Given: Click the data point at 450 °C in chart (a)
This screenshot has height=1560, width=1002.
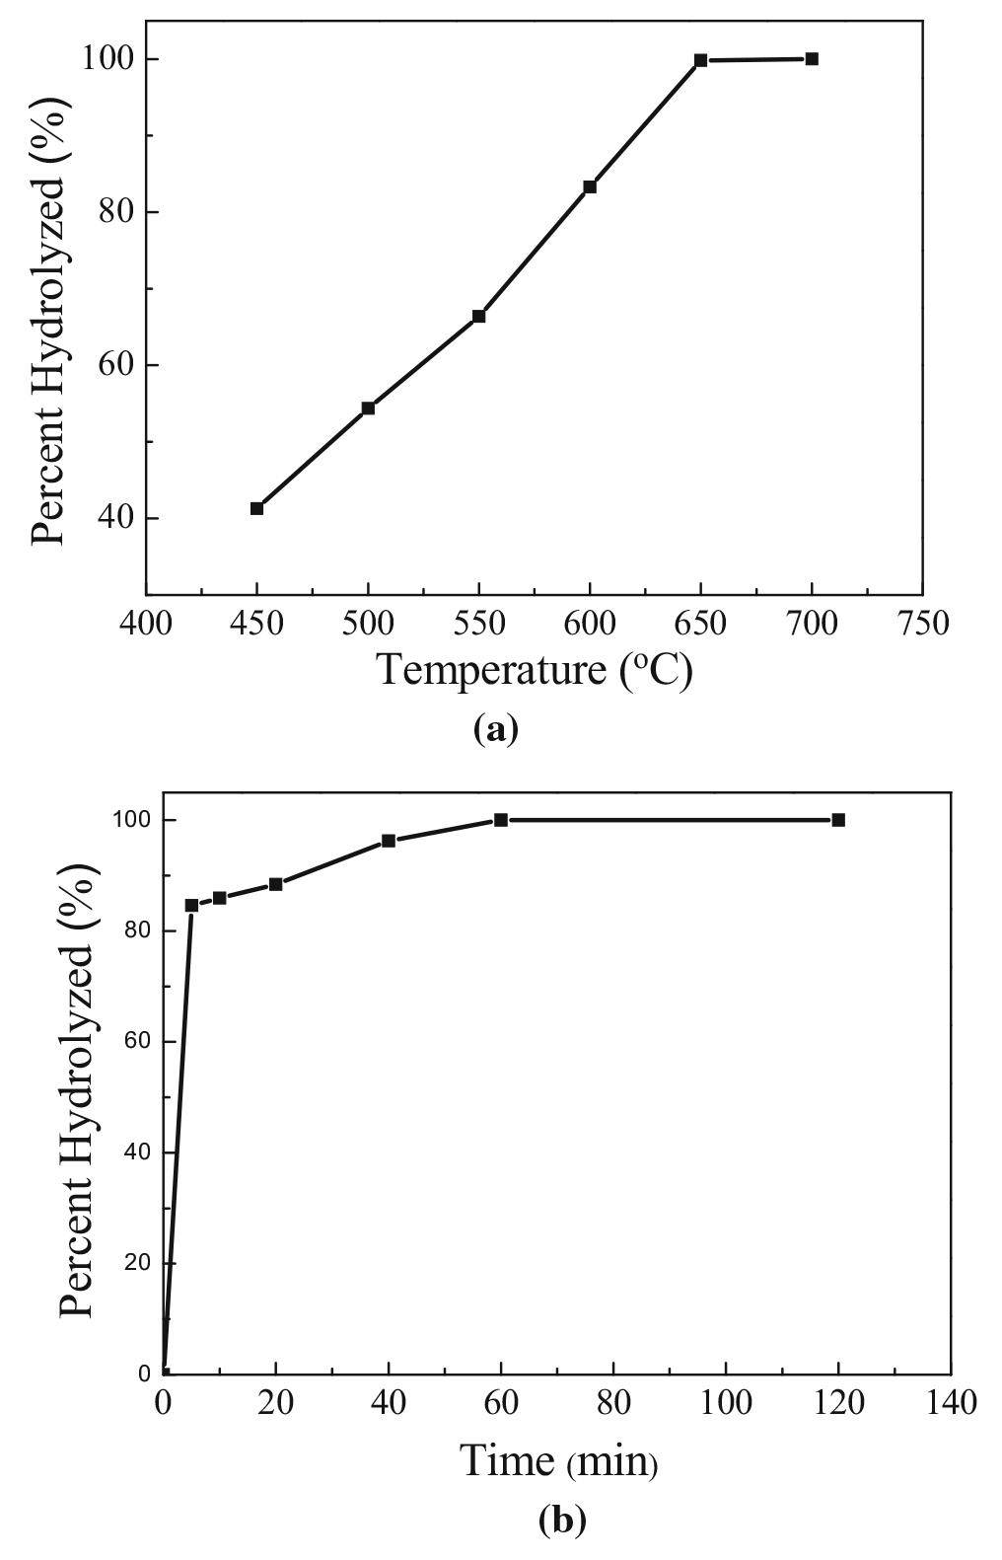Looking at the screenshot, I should (x=256, y=508).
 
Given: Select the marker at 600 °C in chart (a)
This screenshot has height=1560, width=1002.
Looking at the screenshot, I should (x=590, y=186).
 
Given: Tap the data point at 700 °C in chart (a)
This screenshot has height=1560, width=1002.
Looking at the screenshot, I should (x=812, y=59).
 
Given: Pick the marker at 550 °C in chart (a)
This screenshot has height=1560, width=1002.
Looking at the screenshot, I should (x=478, y=316).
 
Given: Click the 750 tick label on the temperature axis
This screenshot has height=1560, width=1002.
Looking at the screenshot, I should (x=922, y=624).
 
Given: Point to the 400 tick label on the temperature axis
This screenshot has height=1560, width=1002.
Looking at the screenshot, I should (x=146, y=624).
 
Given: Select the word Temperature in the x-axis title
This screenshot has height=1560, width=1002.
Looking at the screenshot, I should (x=489, y=670).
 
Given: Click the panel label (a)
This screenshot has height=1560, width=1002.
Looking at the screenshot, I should (x=495, y=729).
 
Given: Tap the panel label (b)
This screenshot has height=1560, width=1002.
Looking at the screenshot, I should (x=562, y=1519).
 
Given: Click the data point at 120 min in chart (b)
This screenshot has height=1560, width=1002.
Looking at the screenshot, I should (x=838, y=820).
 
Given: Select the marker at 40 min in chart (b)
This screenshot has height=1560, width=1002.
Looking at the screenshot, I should (x=389, y=841).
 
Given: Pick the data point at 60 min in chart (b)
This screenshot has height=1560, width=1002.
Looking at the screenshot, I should (x=501, y=820).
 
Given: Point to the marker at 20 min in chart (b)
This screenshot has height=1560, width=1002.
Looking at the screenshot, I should (x=276, y=884).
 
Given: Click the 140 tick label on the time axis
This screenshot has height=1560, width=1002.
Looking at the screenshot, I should (x=951, y=1402).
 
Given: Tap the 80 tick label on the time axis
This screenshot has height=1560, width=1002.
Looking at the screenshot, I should (x=613, y=1402).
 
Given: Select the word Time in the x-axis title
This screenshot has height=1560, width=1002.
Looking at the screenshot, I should (x=507, y=1460).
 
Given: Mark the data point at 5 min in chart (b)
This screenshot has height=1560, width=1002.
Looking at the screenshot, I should (x=191, y=905).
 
